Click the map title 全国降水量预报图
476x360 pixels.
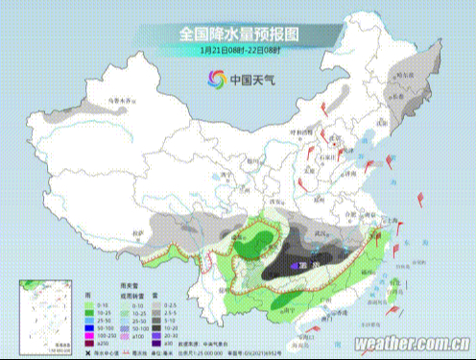click(238, 33)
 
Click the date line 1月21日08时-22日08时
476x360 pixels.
click(238, 49)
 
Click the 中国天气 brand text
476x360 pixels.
click(250, 81)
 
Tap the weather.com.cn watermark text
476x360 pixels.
click(412, 343)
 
